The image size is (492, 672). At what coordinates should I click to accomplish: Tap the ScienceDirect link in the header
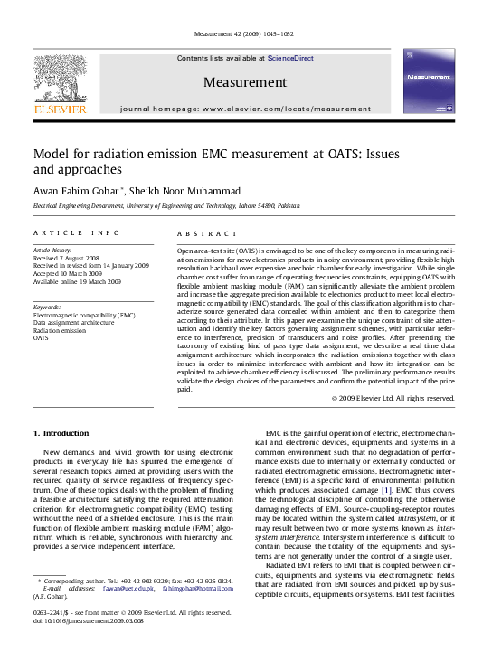(x=290, y=58)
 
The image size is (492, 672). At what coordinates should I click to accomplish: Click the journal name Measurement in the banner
(x=244, y=82)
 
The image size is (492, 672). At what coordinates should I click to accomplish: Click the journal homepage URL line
(x=245, y=108)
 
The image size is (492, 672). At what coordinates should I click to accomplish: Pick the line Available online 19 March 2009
(x=77, y=280)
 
